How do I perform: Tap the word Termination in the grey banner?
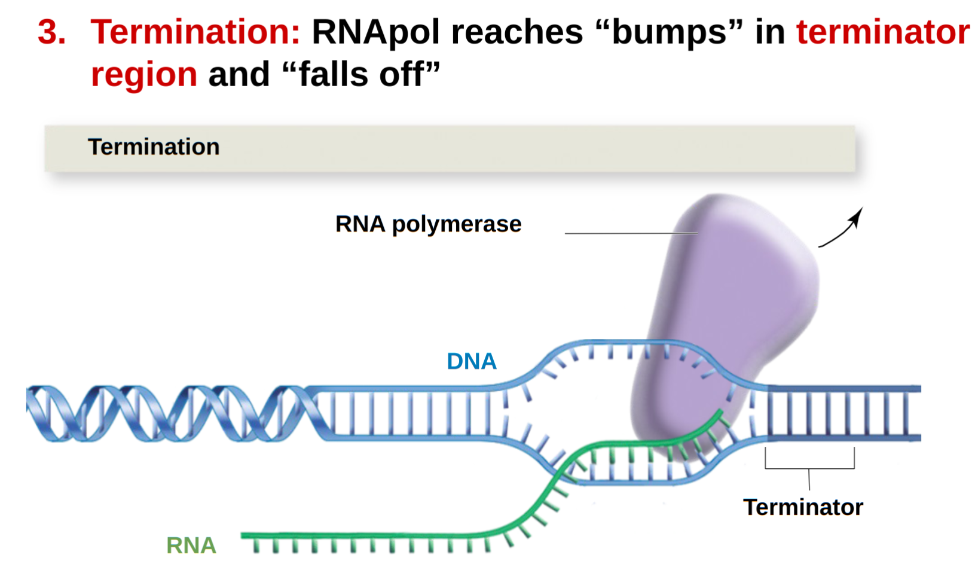coord(154,147)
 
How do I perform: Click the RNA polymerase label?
coord(428,225)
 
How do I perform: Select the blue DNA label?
coord(472,361)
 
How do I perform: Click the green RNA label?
coord(191,545)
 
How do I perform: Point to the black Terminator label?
coord(803,507)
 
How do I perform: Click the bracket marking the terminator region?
coord(809,468)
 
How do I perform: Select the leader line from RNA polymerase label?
coord(632,233)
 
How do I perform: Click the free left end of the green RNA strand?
coord(242,535)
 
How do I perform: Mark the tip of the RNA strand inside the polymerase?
coord(722,411)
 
